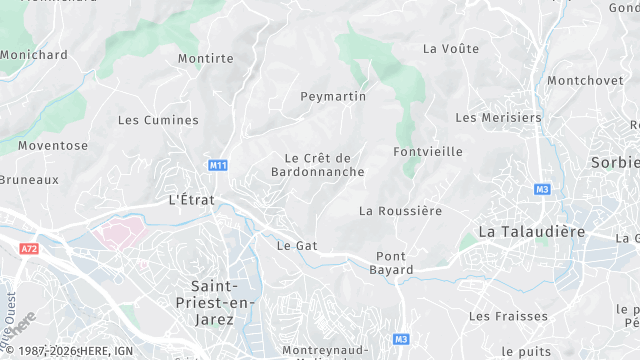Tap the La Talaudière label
[530, 231]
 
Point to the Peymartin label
[333, 97]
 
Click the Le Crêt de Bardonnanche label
[319, 165]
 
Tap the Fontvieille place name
[428, 152]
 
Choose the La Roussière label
[400, 211]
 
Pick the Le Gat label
[296, 245]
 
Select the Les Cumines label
[158, 120]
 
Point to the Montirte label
[205, 59]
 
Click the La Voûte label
[451, 48]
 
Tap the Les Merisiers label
[498, 117]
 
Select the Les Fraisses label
[508, 316]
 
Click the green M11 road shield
[217, 165]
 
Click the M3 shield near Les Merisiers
[543, 189]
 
